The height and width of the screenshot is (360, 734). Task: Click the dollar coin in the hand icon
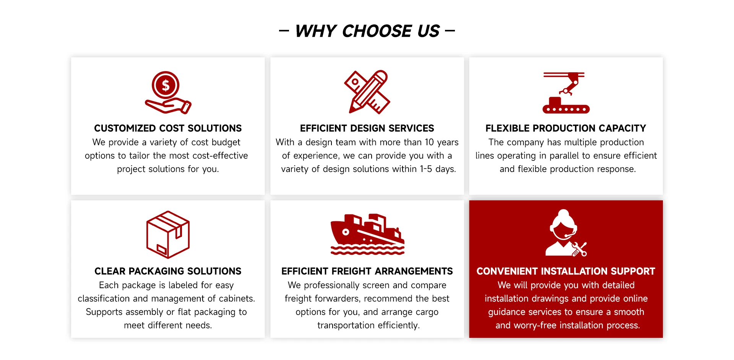(x=166, y=85)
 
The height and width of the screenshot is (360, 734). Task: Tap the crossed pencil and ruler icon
(x=367, y=92)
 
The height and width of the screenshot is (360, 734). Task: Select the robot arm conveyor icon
(x=566, y=92)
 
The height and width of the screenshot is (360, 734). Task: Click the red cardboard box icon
(x=168, y=235)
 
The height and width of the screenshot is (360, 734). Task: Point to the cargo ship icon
(x=367, y=234)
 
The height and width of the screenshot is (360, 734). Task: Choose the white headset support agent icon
(x=566, y=233)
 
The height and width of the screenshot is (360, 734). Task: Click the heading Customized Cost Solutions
(x=168, y=128)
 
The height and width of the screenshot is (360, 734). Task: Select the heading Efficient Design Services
(x=367, y=128)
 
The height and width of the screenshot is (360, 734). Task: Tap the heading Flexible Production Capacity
(x=566, y=128)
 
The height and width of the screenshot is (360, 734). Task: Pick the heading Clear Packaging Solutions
(x=168, y=271)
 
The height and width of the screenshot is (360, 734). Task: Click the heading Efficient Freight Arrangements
(x=367, y=271)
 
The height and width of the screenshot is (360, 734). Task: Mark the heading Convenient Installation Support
(x=566, y=271)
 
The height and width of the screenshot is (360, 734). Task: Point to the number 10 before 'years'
(x=429, y=142)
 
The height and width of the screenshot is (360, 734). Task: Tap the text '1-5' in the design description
(x=426, y=169)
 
